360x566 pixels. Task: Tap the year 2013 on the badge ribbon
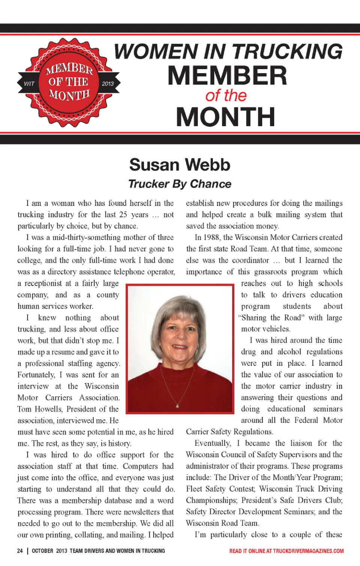click(108, 84)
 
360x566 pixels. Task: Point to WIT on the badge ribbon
click(29, 84)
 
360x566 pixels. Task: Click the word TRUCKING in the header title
click(287, 51)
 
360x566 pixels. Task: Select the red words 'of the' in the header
click(226, 96)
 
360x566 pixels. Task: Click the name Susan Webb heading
click(180, 165)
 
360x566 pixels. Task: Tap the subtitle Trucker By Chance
click(180, 184)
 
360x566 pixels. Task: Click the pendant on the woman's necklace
click(177, 405)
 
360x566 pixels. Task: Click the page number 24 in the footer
click(20, 551)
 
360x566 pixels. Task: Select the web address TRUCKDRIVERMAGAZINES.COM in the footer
click(308, 551)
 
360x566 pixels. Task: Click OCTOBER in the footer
click(42, 551)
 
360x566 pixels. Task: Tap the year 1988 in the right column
click(212, 237)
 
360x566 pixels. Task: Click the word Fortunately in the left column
click(36, 375)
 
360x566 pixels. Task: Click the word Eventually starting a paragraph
click(213, 443)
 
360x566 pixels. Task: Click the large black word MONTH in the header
click(226, 117)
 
